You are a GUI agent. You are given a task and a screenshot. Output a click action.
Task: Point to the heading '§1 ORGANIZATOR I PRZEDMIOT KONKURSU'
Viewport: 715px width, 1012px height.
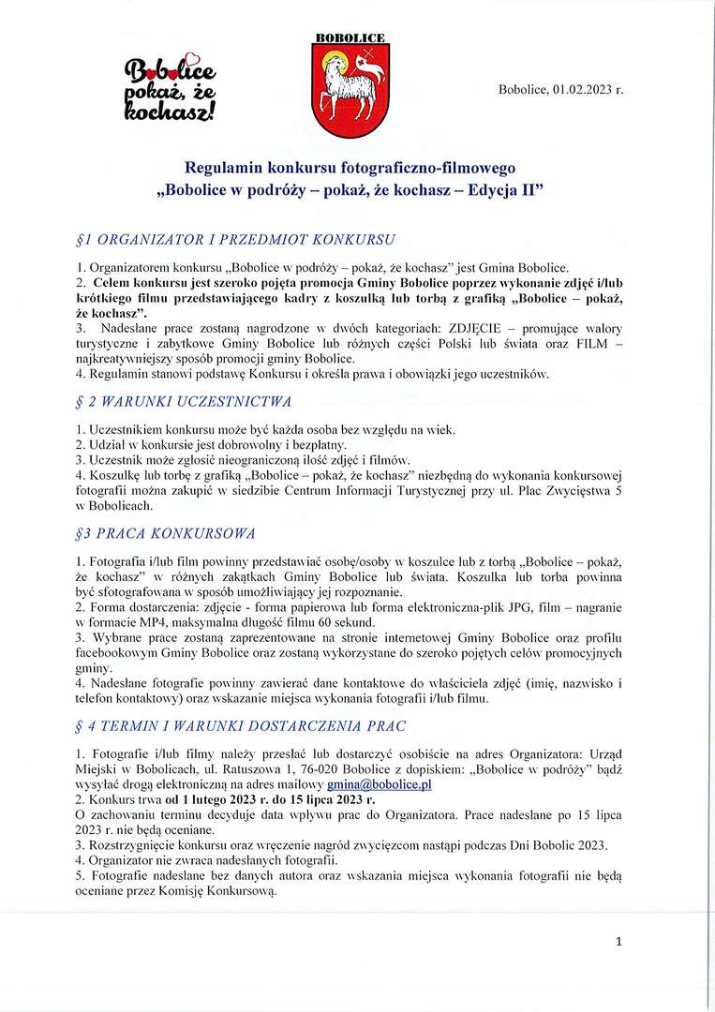pyautogui.click(x=235, y=238)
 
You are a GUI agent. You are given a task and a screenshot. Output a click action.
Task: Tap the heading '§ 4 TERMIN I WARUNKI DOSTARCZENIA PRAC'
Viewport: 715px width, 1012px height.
pyautogui.click(x=239, y=727)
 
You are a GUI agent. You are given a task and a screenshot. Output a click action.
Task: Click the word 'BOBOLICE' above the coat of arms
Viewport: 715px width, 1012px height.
pyautogui.click(x=350, y=37)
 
